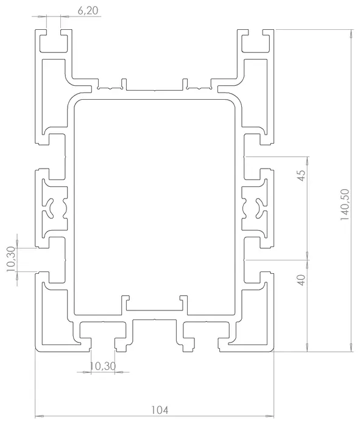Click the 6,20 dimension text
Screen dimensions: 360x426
point(88,10)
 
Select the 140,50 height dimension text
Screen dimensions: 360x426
point(345,204)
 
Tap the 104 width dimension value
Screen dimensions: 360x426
point(160,410)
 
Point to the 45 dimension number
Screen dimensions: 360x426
point(302,175)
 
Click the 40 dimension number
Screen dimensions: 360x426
point(302,280)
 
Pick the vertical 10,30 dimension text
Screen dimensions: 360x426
point(11,259)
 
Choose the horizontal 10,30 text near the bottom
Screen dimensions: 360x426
point(102,366)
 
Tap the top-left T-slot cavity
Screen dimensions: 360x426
point(54,43)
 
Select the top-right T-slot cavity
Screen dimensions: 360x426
point(255,43)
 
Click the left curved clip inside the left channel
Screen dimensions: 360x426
point(50,208)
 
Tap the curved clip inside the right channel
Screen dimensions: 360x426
point(259,208)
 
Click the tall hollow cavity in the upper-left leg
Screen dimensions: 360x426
point(54,95)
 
